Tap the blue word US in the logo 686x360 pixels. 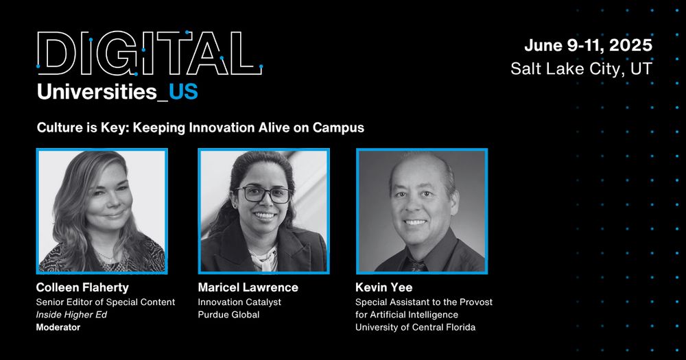[183, 93]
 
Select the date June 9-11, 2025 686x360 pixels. [588, 45]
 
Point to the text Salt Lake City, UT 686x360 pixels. [582, 69]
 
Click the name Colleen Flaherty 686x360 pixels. [82, 287]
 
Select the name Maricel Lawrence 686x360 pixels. [248, 287]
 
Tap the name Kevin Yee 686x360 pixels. [383, 287]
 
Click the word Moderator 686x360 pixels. [58, 327]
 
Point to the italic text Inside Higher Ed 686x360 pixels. [71, 315]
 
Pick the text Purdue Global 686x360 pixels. [228, 315]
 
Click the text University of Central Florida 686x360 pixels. [415, 327]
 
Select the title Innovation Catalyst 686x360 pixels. [239, 302]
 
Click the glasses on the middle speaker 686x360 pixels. [263, 194]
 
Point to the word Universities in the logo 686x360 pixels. [97, 93]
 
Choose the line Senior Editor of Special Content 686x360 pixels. [106, 302]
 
